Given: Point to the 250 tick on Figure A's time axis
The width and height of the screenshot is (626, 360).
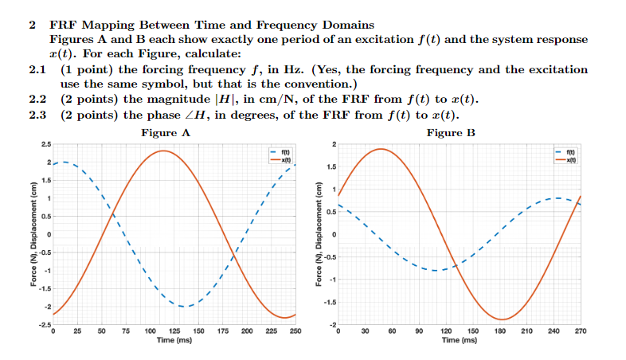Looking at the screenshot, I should click(x=295, y=331).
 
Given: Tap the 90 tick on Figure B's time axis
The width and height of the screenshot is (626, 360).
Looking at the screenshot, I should click(x=419, y=331).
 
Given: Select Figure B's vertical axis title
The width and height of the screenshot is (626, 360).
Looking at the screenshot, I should click(x=319, y=236).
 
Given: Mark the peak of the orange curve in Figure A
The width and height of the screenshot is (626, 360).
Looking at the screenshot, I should click(x=162, y=151).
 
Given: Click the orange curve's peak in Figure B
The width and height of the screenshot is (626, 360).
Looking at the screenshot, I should click(x=381, y=149).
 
